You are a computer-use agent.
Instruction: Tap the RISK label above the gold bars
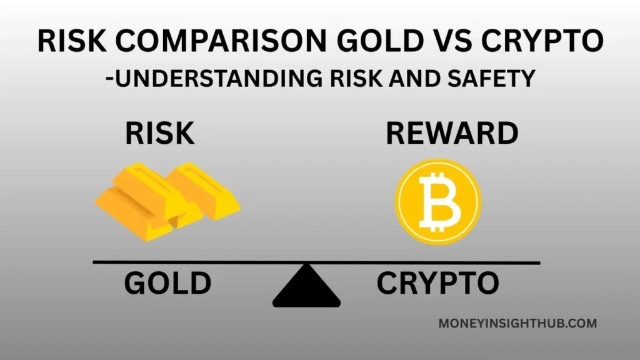pyautogui.click(x=160, y=133)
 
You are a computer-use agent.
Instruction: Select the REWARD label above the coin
pyautogui.click(x=452, y=133)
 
